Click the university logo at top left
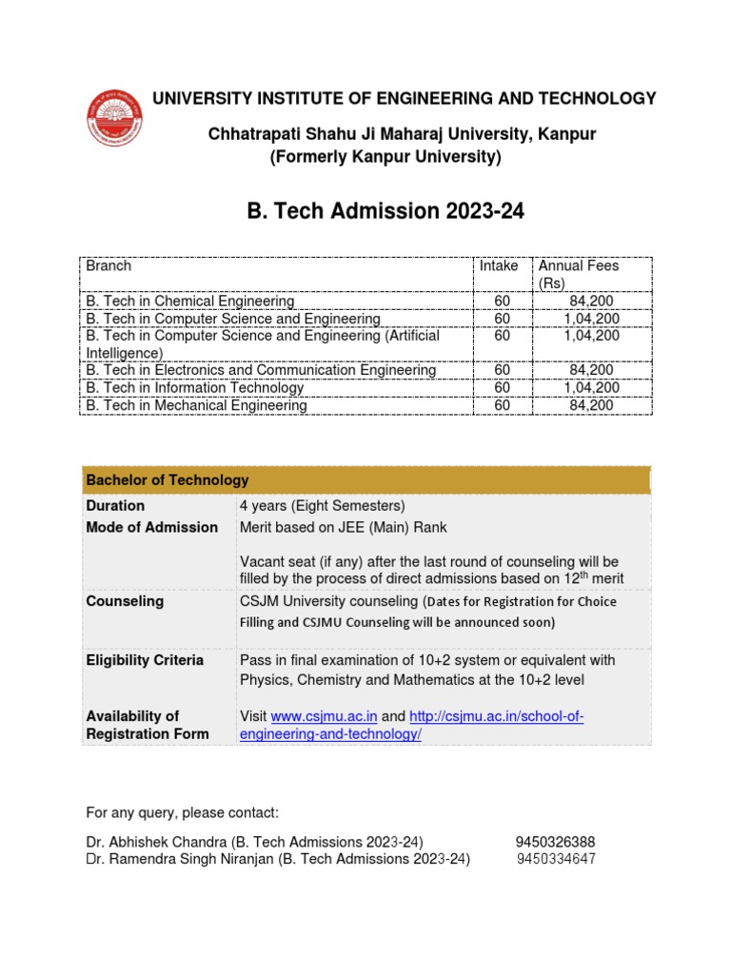coord(116,117)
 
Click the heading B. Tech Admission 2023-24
coord(385,211)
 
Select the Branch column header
coord(109,266)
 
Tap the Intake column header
coord(500,266)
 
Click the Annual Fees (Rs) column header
coord(578,274)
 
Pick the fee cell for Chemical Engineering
coord(591,301)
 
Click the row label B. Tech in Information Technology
coord(195,388)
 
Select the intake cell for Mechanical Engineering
coord(503,405)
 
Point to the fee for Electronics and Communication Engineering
coord(591,370)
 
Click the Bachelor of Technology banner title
coord(168,480)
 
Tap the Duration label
coord(115,506)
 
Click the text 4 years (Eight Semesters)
coord(322,506)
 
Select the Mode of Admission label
coord(151,528)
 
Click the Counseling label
coord(125,601)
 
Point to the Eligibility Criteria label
coord(145,660)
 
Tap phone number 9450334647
coord(556,860)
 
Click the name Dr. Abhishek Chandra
coord(147,842)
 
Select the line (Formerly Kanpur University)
coord(385,157)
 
